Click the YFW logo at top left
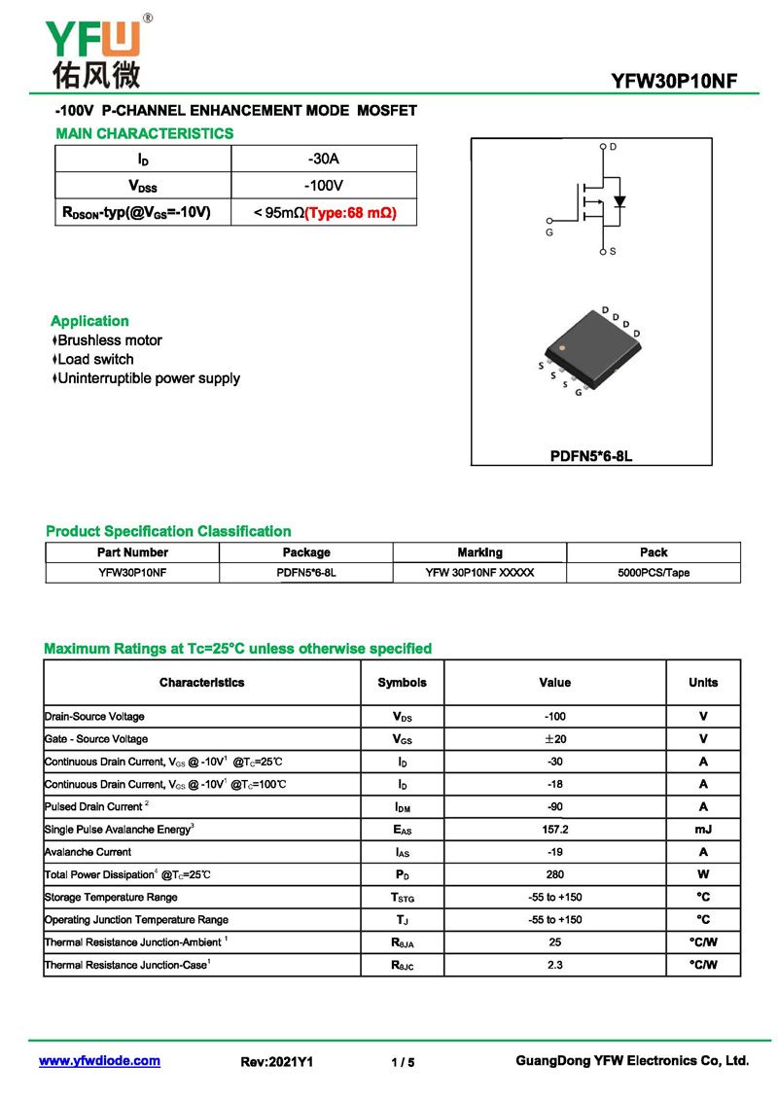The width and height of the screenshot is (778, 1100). [x=93, y=49]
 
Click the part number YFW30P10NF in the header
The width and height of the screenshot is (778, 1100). [x=674, y=81]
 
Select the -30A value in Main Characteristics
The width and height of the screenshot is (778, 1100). [x=323, y=159]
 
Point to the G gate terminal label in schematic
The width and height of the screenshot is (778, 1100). [x=548, y=233]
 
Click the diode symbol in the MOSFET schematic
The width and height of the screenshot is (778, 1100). [x=619, y=203]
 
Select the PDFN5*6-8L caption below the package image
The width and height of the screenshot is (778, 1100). [x=591, y=455]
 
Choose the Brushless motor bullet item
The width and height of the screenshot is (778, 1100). [x=109, y=340]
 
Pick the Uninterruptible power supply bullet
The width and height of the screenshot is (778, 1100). [x=148, y=378]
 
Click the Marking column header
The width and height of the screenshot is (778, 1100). [x=479, y=552]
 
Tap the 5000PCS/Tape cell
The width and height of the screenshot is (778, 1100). [x=654, y=573]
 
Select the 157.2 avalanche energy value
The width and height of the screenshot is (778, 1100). [x=554, y=830]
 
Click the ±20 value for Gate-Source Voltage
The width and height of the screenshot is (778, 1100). [x=554, y=739]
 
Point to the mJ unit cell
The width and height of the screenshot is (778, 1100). [x=702, y=830]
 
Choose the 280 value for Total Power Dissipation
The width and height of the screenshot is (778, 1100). [x=554, y=874]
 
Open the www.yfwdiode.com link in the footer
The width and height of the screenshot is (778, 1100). [x=99, y=1061]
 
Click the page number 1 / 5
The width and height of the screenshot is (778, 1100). [x=403, y=1062]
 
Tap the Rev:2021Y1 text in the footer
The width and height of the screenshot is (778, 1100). [x=277, y=1062]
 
